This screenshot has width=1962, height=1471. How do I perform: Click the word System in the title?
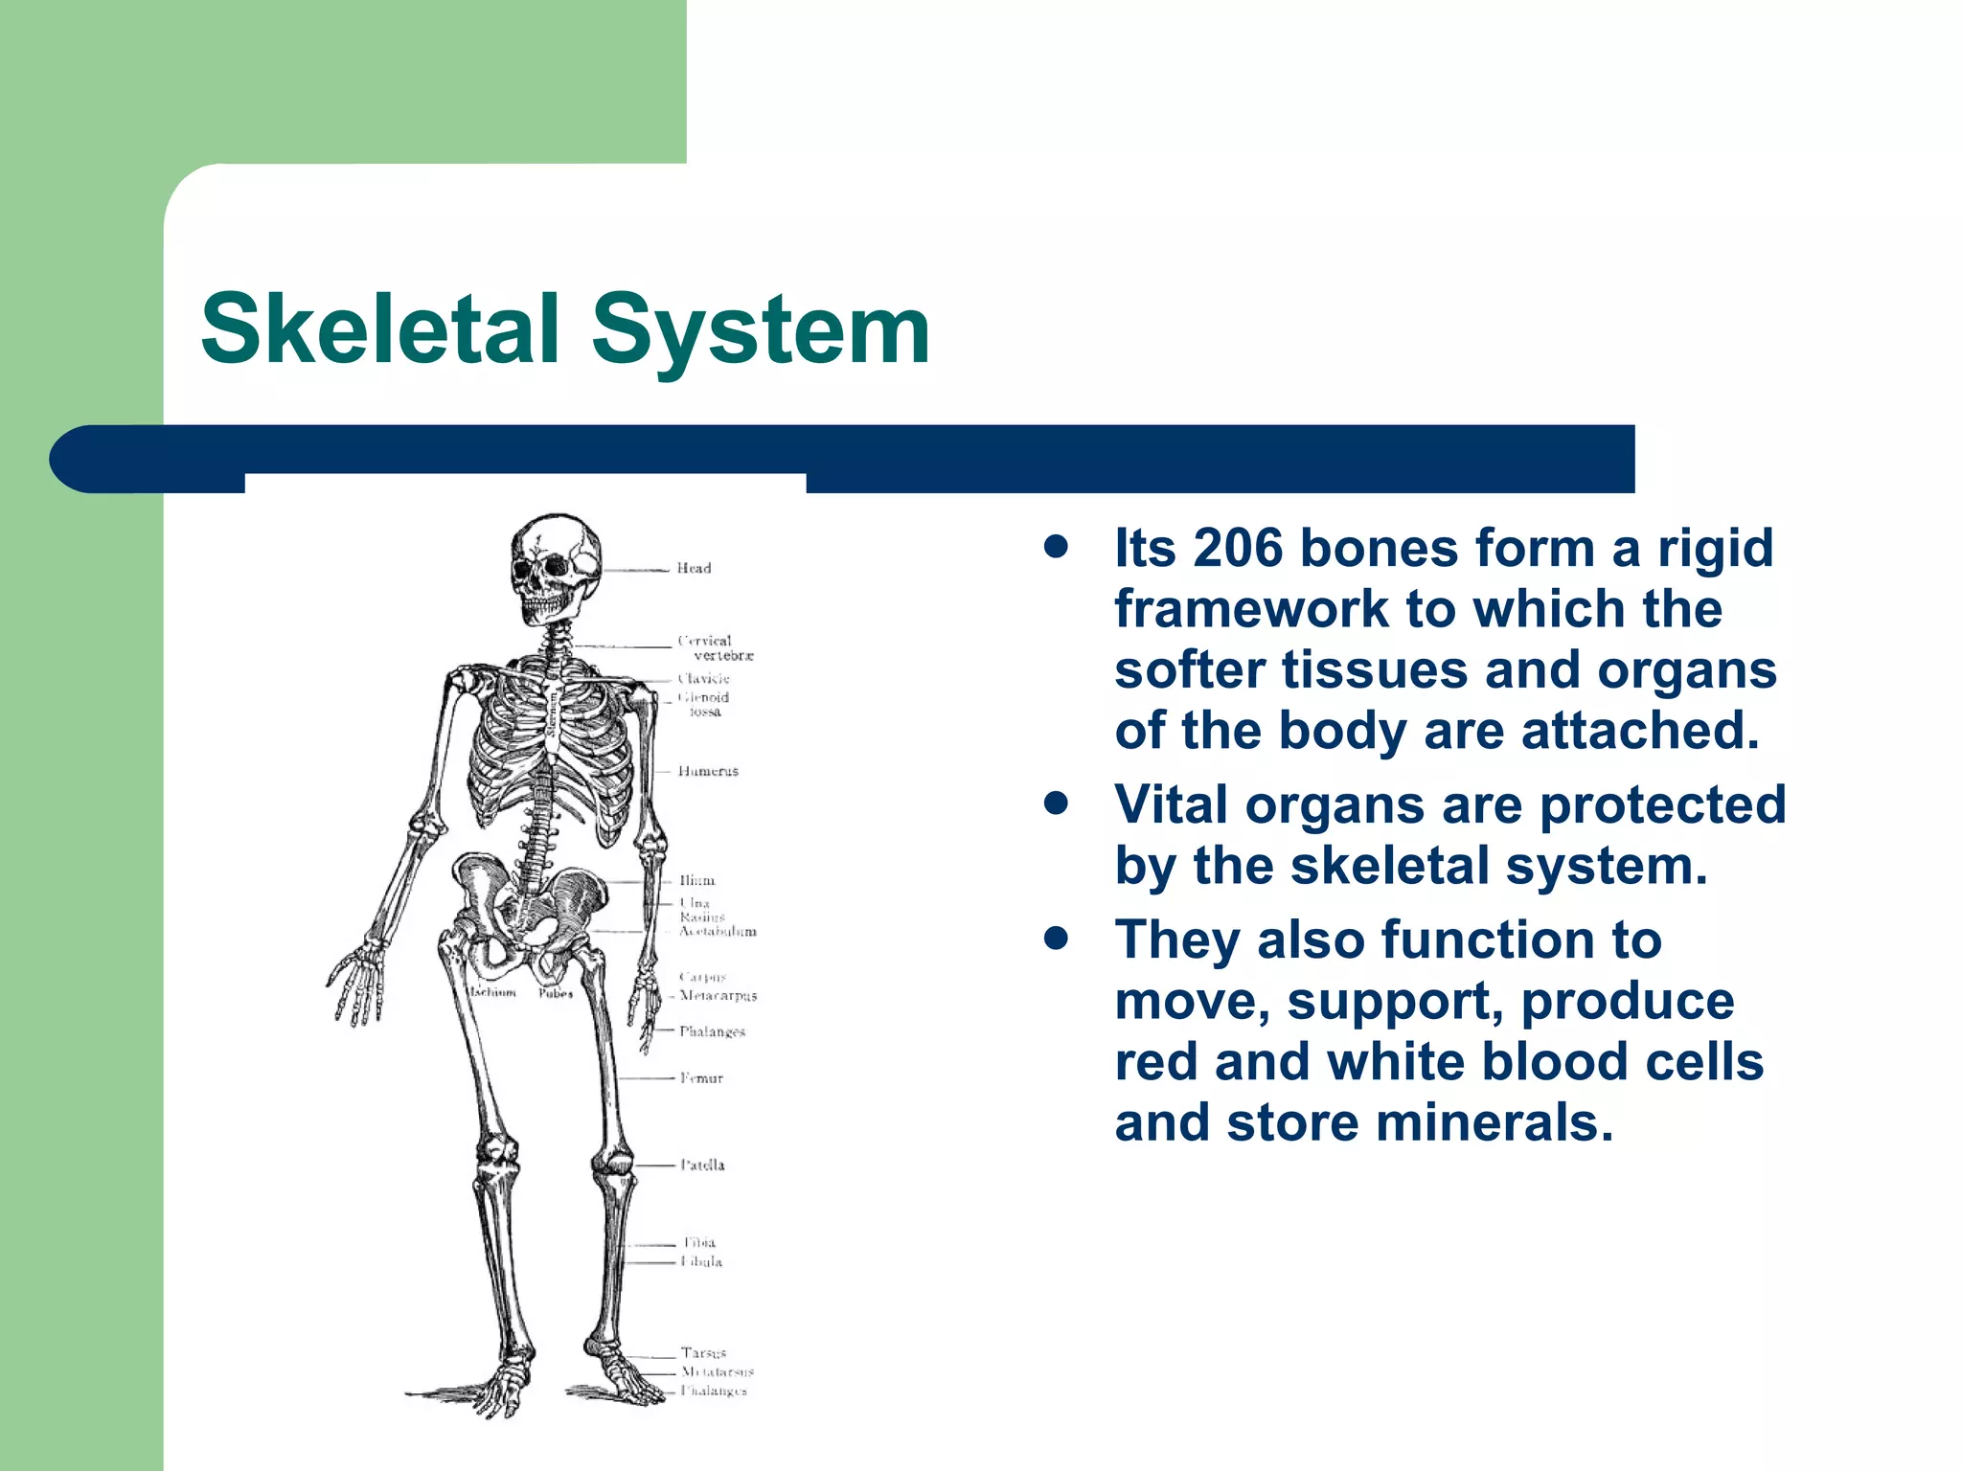pyautogui.click(x=761, y=330)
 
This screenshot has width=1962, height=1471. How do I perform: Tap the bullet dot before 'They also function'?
pyautogui.click(x=1057, y=939)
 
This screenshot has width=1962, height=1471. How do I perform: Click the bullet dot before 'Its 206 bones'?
pyautogui.click(x=1057, y=548)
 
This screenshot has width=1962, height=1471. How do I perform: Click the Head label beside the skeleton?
pyautogui.click(x=694, y=568)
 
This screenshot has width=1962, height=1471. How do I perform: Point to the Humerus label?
pyautogui.click(x=708, y=771)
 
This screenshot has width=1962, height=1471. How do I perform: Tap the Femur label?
pyautogui.click(x=701, y=1078)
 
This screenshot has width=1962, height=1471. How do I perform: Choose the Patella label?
pyautogui.click(x=702, y=1165)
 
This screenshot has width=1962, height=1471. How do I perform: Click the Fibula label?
pyautogui.click(x=701, y=1262)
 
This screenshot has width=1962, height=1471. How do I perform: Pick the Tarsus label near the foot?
pyautogui.click(x=703, y=1353)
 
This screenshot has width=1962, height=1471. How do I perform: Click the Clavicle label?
pyautogui.click(x=704, y=679)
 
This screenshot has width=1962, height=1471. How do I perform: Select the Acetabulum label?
pyautogui.click(x=718, y=931)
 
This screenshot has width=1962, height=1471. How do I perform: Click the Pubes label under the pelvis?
pyautogui.click(x=556, y=993)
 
